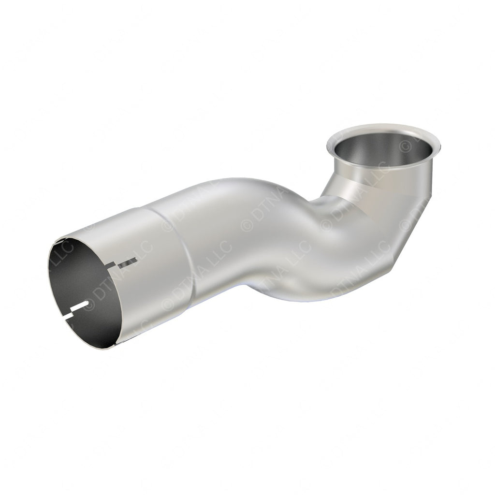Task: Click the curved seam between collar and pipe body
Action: click(x=186, y=251)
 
